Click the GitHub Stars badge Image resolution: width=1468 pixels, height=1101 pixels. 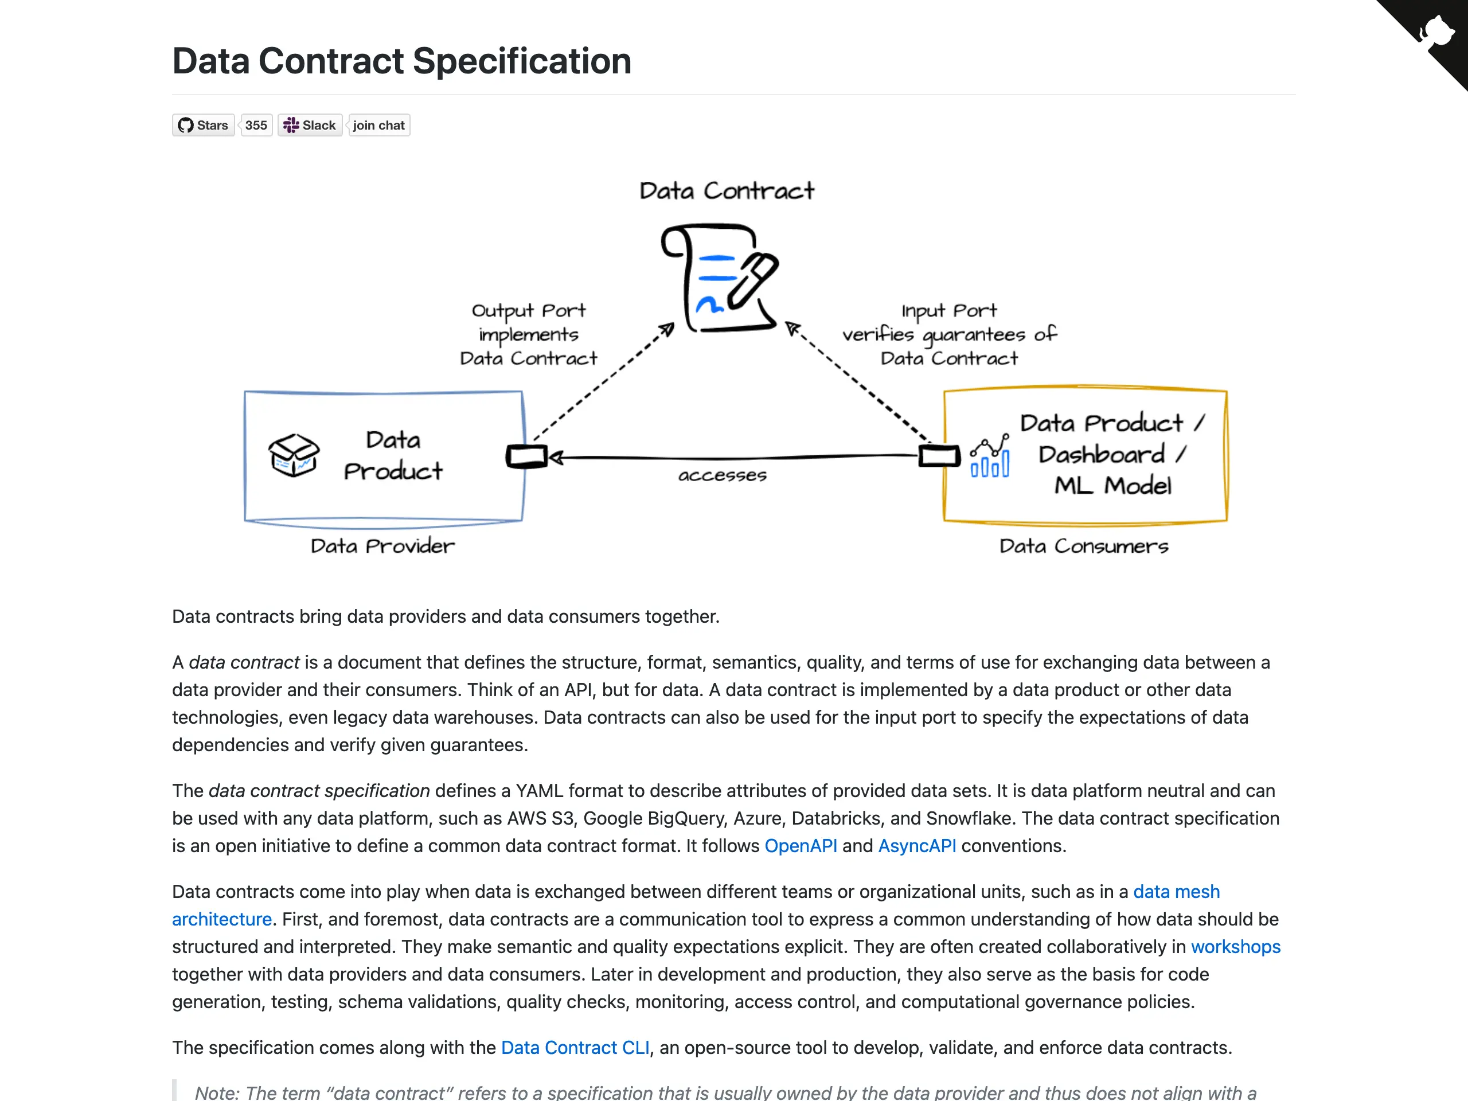(204, 126)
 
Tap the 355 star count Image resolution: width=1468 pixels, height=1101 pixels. (256, 126)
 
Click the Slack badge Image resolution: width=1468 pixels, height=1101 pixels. (310, 126)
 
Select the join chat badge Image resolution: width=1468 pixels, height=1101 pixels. (378, 126)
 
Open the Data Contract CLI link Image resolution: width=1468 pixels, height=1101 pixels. (575, 1048)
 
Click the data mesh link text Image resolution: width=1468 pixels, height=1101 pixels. (1177, 892)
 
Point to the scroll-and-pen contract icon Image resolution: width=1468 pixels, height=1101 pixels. (720, 278)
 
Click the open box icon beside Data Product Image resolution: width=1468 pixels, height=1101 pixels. (294, 455)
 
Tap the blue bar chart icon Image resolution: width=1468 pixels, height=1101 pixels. (990, 456)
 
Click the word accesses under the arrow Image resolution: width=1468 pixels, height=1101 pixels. (722, 475)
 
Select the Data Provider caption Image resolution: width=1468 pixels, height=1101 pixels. (383, 545)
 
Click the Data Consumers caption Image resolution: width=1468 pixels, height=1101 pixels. (1084, 545)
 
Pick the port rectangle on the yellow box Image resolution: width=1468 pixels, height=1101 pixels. (940, 456)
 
